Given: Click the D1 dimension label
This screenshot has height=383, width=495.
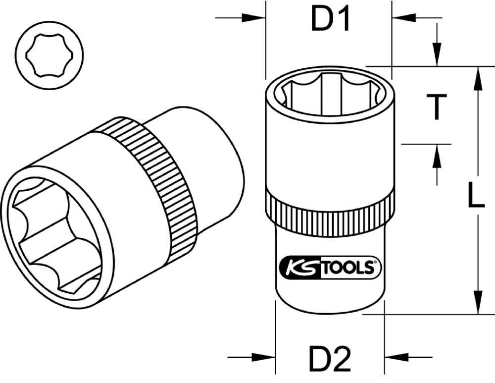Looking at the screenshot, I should tap(331, 20).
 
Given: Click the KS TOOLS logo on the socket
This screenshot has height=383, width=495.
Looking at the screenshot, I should tap(331, 268).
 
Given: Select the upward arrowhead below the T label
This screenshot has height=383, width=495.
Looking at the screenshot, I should tap(437, 157).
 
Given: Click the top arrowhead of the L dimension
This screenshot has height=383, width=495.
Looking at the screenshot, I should tap(478, 79).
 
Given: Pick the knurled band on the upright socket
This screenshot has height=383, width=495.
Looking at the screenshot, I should tap(330, 211).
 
